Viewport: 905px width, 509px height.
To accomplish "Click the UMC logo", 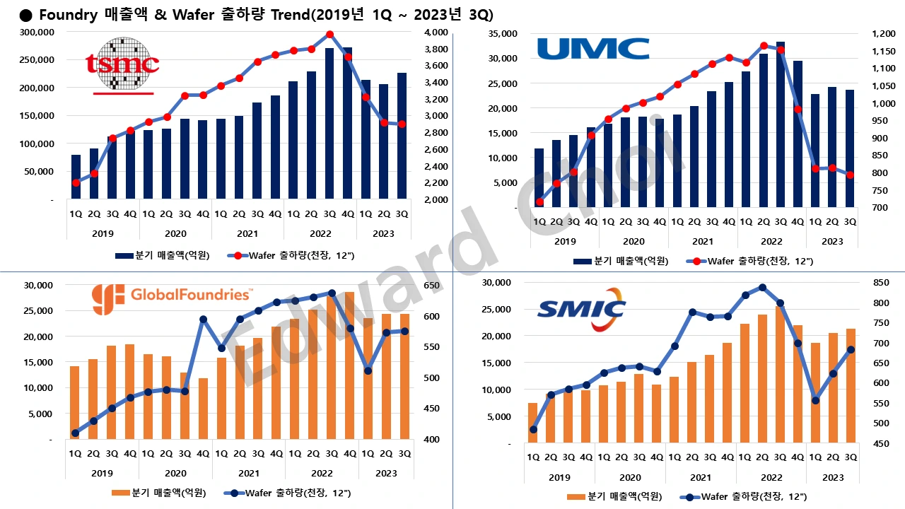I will [x=593, y=49].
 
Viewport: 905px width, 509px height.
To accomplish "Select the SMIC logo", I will [x=582, y=310].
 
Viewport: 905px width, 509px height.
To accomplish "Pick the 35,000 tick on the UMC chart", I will [x=505, y=33].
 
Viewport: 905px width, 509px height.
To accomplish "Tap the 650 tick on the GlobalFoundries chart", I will [x=432, y=286].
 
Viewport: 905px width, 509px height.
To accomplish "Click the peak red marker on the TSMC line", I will [x=329, y=34].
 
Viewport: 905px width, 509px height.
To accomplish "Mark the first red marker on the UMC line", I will [x=539, y=202].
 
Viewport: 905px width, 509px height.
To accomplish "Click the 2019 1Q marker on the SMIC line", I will [x=533, y=430].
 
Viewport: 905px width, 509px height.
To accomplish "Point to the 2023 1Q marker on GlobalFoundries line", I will [x=368, y=370].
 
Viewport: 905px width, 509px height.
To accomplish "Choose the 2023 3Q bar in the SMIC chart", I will [x=851, y=385].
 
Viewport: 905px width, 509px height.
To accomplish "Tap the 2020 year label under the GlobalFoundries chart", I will [x=175, y=473].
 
